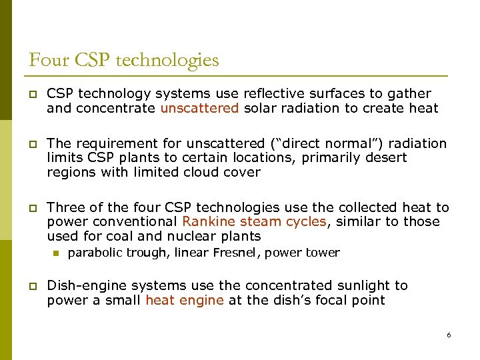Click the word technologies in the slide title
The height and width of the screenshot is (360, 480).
point(167,61)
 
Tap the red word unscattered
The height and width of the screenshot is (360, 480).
point(199,108)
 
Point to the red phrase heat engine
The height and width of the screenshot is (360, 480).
point(185,300)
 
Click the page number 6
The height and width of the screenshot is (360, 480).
point(449,335)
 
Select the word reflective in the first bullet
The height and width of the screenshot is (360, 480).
point(275,93)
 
